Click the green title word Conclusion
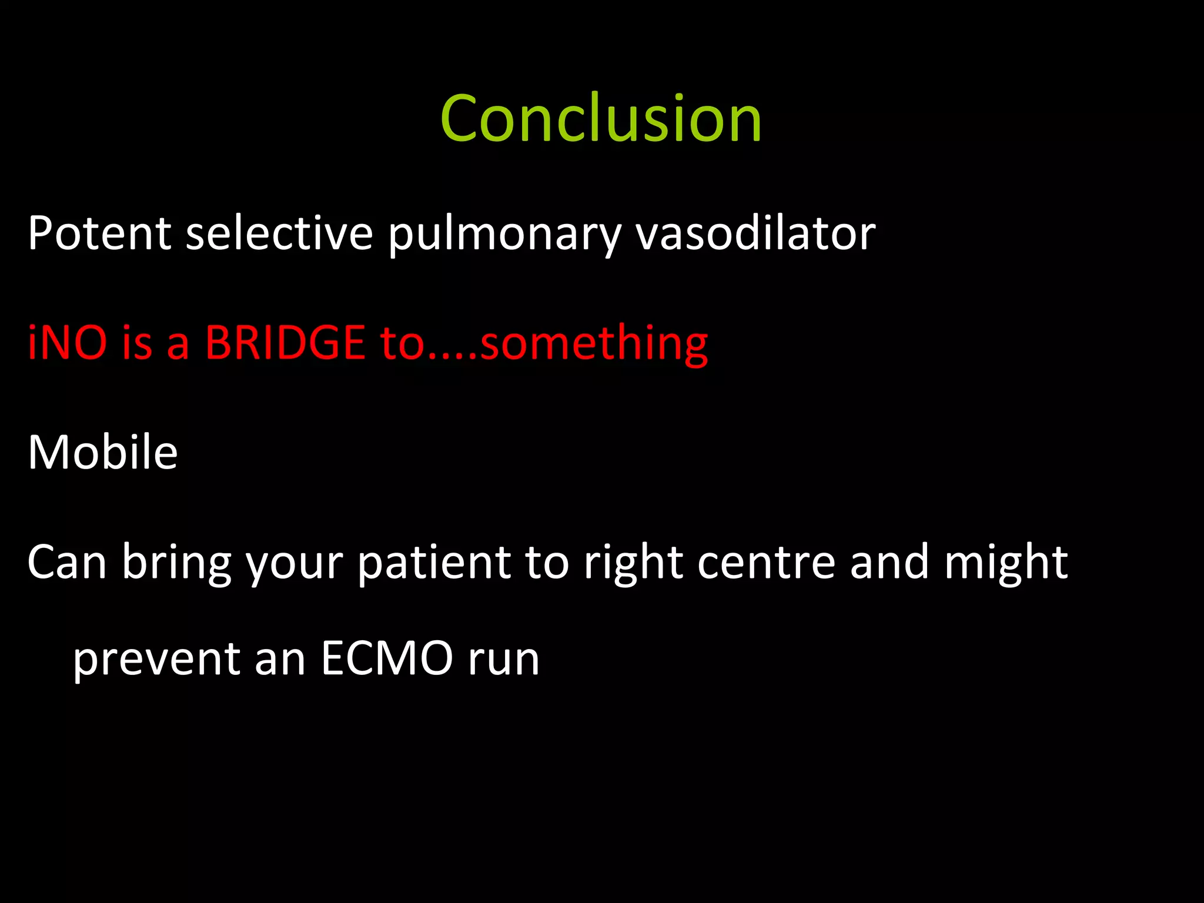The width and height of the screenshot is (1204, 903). pos(601,119)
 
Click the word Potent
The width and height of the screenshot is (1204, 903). pos(99,233)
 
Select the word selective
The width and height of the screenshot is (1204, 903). pos(279,233)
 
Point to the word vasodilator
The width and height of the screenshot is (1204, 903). pos(755,233)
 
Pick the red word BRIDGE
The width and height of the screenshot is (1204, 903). pos(285,343)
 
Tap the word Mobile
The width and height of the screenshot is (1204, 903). pos(102,452)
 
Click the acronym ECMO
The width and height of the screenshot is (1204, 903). pos(387,658)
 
